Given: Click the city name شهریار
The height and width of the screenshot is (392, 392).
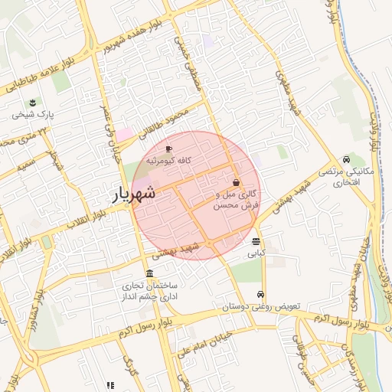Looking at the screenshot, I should pos(135,194).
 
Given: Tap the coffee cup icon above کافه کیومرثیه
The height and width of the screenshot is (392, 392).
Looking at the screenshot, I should pos(169,149).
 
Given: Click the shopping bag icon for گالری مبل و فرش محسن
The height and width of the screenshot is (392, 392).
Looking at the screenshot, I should pos(235,183).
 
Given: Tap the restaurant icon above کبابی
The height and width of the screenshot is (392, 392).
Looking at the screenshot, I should pos(255,241).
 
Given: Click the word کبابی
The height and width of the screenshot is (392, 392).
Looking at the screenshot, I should pos(256,252).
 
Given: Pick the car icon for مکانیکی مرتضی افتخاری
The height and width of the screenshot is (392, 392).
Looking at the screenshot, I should pos(347,160).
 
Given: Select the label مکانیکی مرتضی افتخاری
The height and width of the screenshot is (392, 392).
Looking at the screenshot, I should pos(348,178).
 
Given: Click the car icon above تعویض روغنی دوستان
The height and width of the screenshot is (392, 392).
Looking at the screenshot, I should pos(261,295).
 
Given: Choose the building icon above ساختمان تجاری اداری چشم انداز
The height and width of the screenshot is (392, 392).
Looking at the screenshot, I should pos(149,274).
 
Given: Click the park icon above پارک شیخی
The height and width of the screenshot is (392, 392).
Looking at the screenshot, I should pos(32,103).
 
